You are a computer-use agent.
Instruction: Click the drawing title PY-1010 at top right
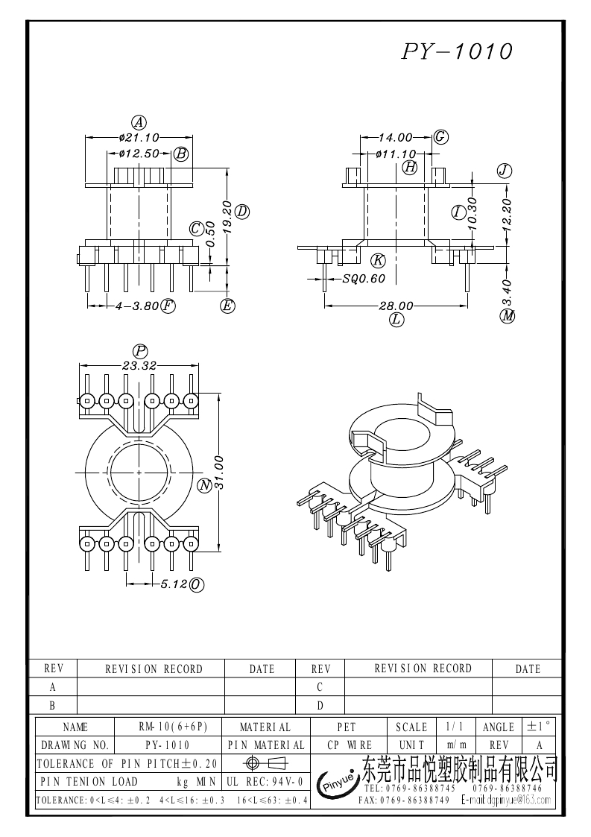coord(458,51)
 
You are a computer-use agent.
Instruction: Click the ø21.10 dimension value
coord(139,138)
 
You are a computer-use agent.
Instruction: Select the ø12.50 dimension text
coord(139,154)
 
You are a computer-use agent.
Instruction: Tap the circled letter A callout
coord(139,122)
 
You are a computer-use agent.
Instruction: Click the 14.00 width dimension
coord(395,137)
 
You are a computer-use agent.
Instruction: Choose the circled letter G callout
coord(440,136)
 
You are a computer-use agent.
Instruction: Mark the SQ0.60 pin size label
coord(364,279)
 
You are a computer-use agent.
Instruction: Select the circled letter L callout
coord(396,320)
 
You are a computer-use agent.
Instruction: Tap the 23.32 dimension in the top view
coord(139,365)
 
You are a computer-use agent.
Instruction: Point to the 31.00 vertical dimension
coord(220,473)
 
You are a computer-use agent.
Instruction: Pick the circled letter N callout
coord(204,486)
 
